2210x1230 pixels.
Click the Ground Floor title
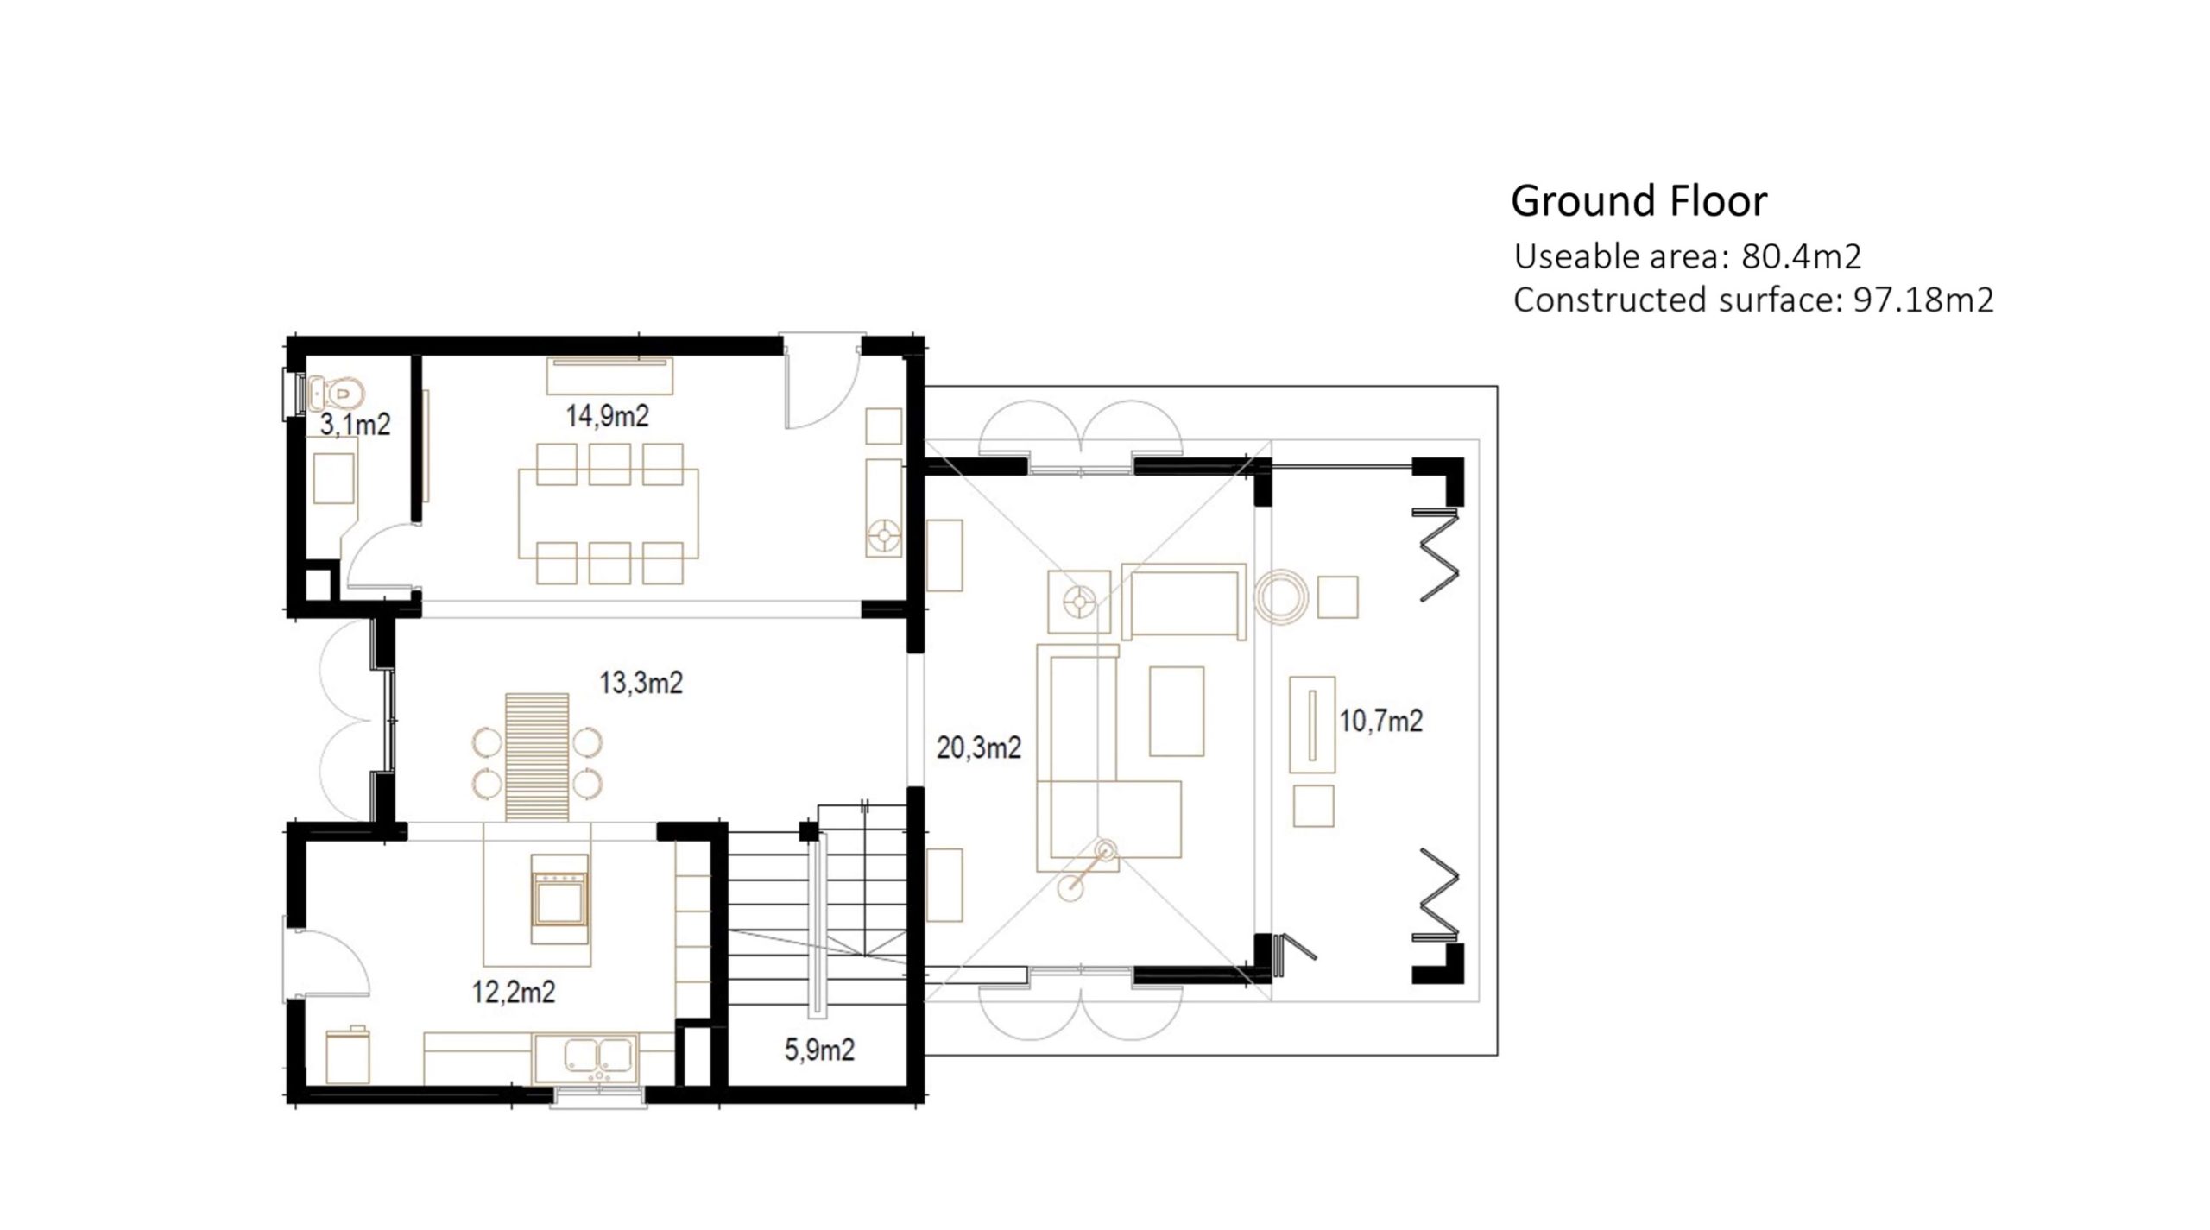click(1639, 201)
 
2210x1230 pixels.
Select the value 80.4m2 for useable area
click(1802, 256)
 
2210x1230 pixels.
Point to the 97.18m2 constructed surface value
click(1923, 300)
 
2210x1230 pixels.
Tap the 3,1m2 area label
click(356, 424)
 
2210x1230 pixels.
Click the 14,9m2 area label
click(608, 416)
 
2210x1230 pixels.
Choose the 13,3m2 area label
click(641, 683)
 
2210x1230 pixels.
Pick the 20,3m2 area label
click(979, 747)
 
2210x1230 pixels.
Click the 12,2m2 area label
click(514, 992)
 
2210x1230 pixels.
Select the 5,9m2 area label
click(819, 1050)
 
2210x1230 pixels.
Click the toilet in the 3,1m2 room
click(335, 394)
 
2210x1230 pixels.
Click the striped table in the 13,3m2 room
click(537, 756)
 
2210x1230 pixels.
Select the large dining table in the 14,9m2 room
click(609, 515)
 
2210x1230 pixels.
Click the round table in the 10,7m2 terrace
click(1281, 596)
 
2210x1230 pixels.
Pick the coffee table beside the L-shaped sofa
click(1177, 711)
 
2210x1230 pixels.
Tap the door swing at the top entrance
click(820, 381)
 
